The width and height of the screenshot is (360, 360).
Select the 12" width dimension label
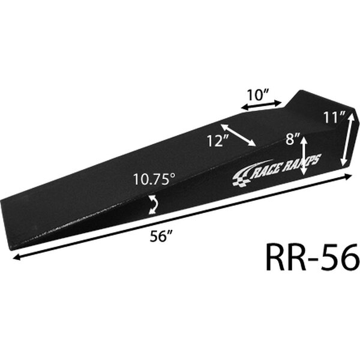218,140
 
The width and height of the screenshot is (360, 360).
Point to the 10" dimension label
257,95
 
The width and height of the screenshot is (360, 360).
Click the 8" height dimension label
293,139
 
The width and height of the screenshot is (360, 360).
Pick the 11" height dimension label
334,118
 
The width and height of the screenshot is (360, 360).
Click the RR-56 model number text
313,257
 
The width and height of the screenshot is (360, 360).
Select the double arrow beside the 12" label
238,135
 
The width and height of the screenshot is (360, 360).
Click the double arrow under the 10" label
261,104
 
